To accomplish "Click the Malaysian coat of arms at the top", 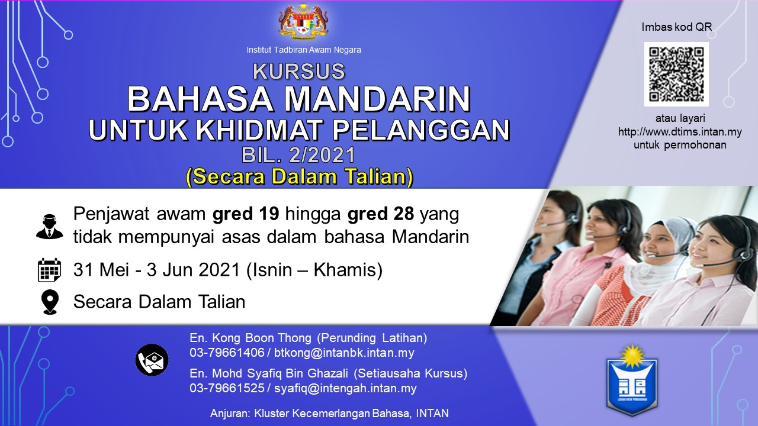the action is [304, 22].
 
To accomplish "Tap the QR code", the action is [676, 75].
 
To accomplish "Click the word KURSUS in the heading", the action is [299, 71].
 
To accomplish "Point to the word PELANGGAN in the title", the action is [421, 130].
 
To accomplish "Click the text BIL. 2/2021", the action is [298, 155].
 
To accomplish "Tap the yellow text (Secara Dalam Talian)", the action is [300, 176].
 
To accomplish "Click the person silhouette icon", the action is [49, 227].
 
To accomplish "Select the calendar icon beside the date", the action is [49, 270].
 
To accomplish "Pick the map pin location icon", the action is [50, 302].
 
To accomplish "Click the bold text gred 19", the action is [246, 214].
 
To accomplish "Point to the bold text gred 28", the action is [381, 214].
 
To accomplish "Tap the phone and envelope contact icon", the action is [152, 360].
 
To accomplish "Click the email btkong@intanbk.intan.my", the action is [344, 353].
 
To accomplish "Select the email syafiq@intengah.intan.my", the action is [345, 388].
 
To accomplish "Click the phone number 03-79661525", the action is [227, 388].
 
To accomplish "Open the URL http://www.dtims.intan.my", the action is [680, 131].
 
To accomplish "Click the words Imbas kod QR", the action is [677, 27].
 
